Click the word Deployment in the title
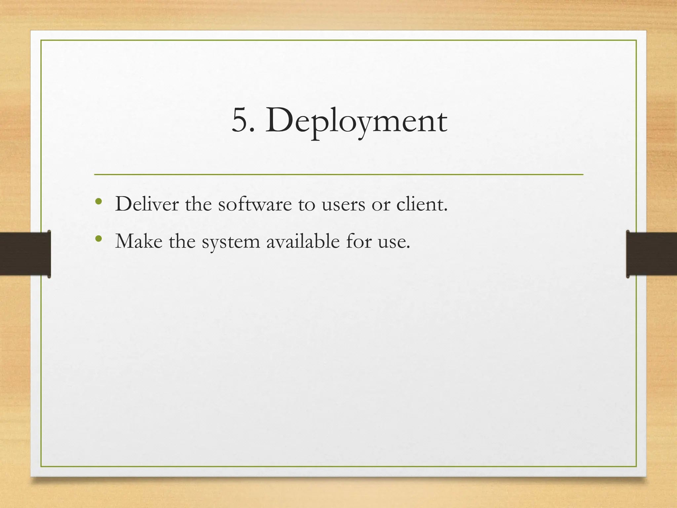pos(356,121)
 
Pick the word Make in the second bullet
pos(139,241)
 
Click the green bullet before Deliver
pos(98,201)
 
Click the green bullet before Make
pos(98,238)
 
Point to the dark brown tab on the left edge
pos(25,254)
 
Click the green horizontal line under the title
pos(338,174)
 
